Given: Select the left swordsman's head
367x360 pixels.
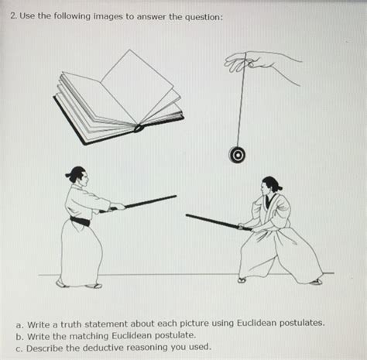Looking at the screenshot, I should click(x=77, y=176).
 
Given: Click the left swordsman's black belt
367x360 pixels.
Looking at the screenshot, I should click(x=80, y=221).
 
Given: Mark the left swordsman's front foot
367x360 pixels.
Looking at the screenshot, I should click(x=93, y=286).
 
